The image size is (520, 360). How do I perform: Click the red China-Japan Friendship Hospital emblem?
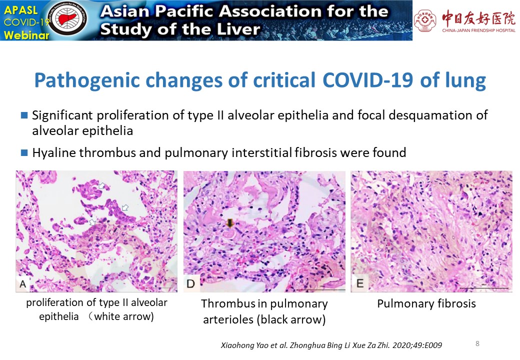click(425, 20)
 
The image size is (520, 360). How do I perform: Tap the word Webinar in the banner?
click(26, 34)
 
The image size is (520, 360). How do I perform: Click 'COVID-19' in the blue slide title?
click(368, 80)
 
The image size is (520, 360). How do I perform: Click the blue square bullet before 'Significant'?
click(24, 115)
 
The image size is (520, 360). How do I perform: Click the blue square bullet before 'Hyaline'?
click(24, 153)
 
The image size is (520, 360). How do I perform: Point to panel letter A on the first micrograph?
click(23, 284)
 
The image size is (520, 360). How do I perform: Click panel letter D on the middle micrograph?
click(190, 284)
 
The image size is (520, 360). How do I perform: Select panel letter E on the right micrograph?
click(360, 283)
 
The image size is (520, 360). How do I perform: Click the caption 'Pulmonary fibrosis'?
click(426, 303)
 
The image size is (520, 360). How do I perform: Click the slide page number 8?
click(477, 343)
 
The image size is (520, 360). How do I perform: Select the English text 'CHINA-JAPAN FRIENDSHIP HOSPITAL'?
click(478, 30)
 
